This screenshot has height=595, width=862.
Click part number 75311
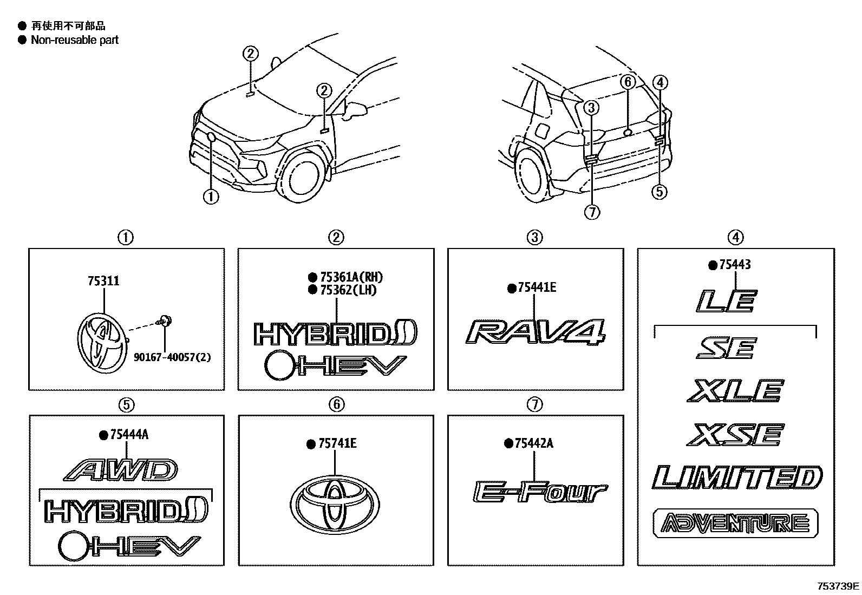click(103, 281)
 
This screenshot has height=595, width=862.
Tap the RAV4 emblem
click(535, 332)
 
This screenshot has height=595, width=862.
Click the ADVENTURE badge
click(736, 523)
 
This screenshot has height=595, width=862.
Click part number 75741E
click(337, 444)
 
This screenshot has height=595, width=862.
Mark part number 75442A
click(534, 443)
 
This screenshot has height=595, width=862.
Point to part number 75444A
click(129, 434)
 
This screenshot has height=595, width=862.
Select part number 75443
click(735, 265)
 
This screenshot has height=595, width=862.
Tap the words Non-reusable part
click(75, 40)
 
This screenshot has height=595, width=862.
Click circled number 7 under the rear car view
click(592, 212)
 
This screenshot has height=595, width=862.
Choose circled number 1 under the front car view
click(211, 197)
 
